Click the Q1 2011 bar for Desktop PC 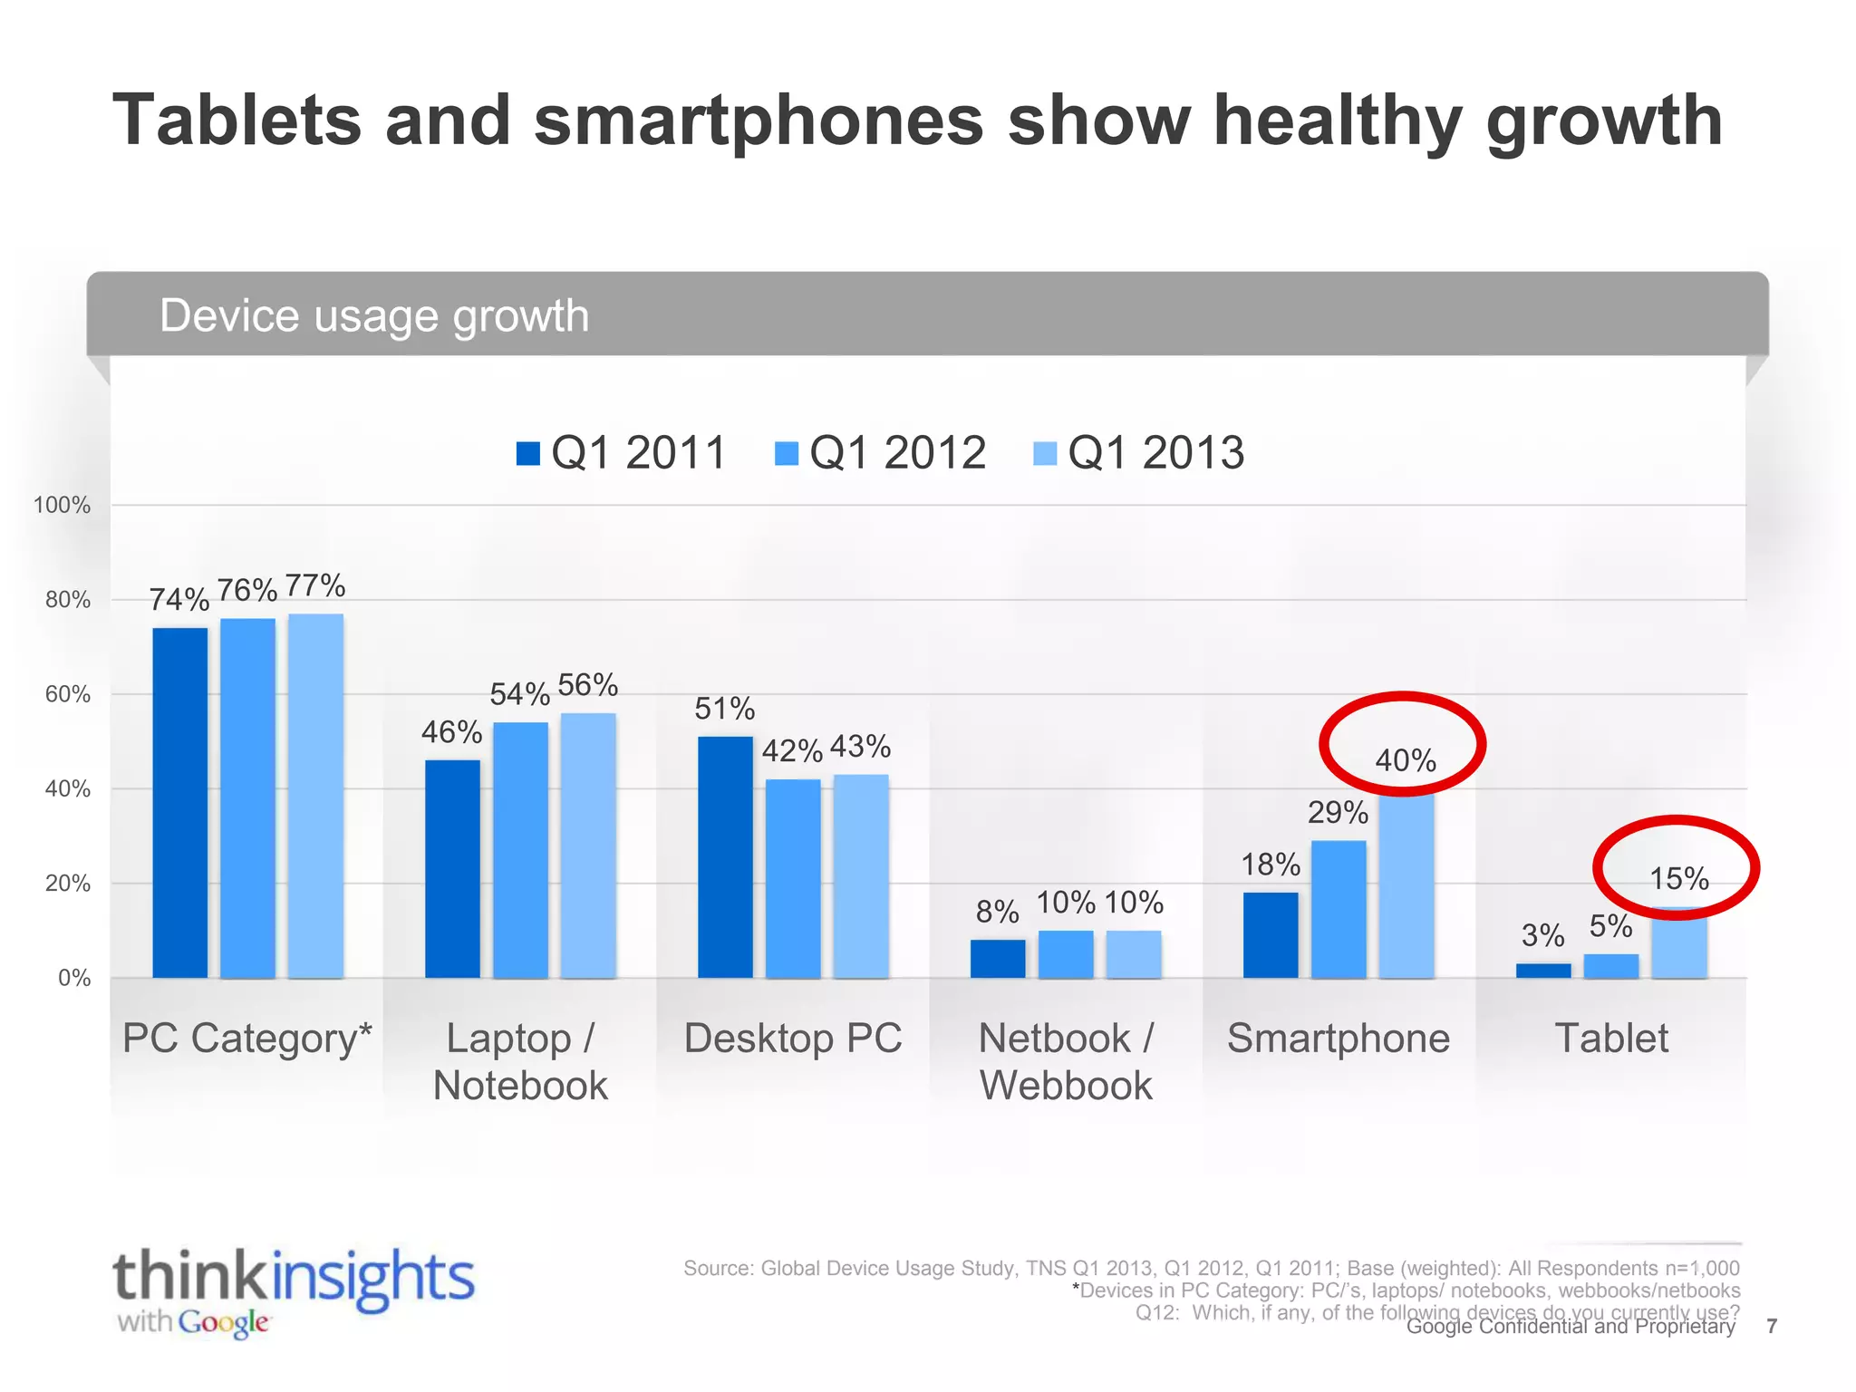(x=725, y=856)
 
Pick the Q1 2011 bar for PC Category (x=179, y=802)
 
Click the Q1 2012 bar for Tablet (x=1610, y=966)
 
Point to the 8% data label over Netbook (x=997, y=912)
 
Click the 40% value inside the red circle (x=1406, y=760)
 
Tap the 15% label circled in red (x=1678, y=878)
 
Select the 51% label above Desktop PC (x=724, y=709)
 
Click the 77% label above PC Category (x=315, y=585)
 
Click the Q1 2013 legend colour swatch (x=1045, y=453)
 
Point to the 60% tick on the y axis (x=68, y=695)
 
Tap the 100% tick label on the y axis (x=62, y=506)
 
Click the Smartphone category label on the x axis (x=1338, y=1039)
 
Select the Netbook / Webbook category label (x=1066, y=1061)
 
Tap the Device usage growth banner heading (x=374, y=315)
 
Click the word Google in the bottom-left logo (x=223, y=1323)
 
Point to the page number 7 (x=1772, y=1327)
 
